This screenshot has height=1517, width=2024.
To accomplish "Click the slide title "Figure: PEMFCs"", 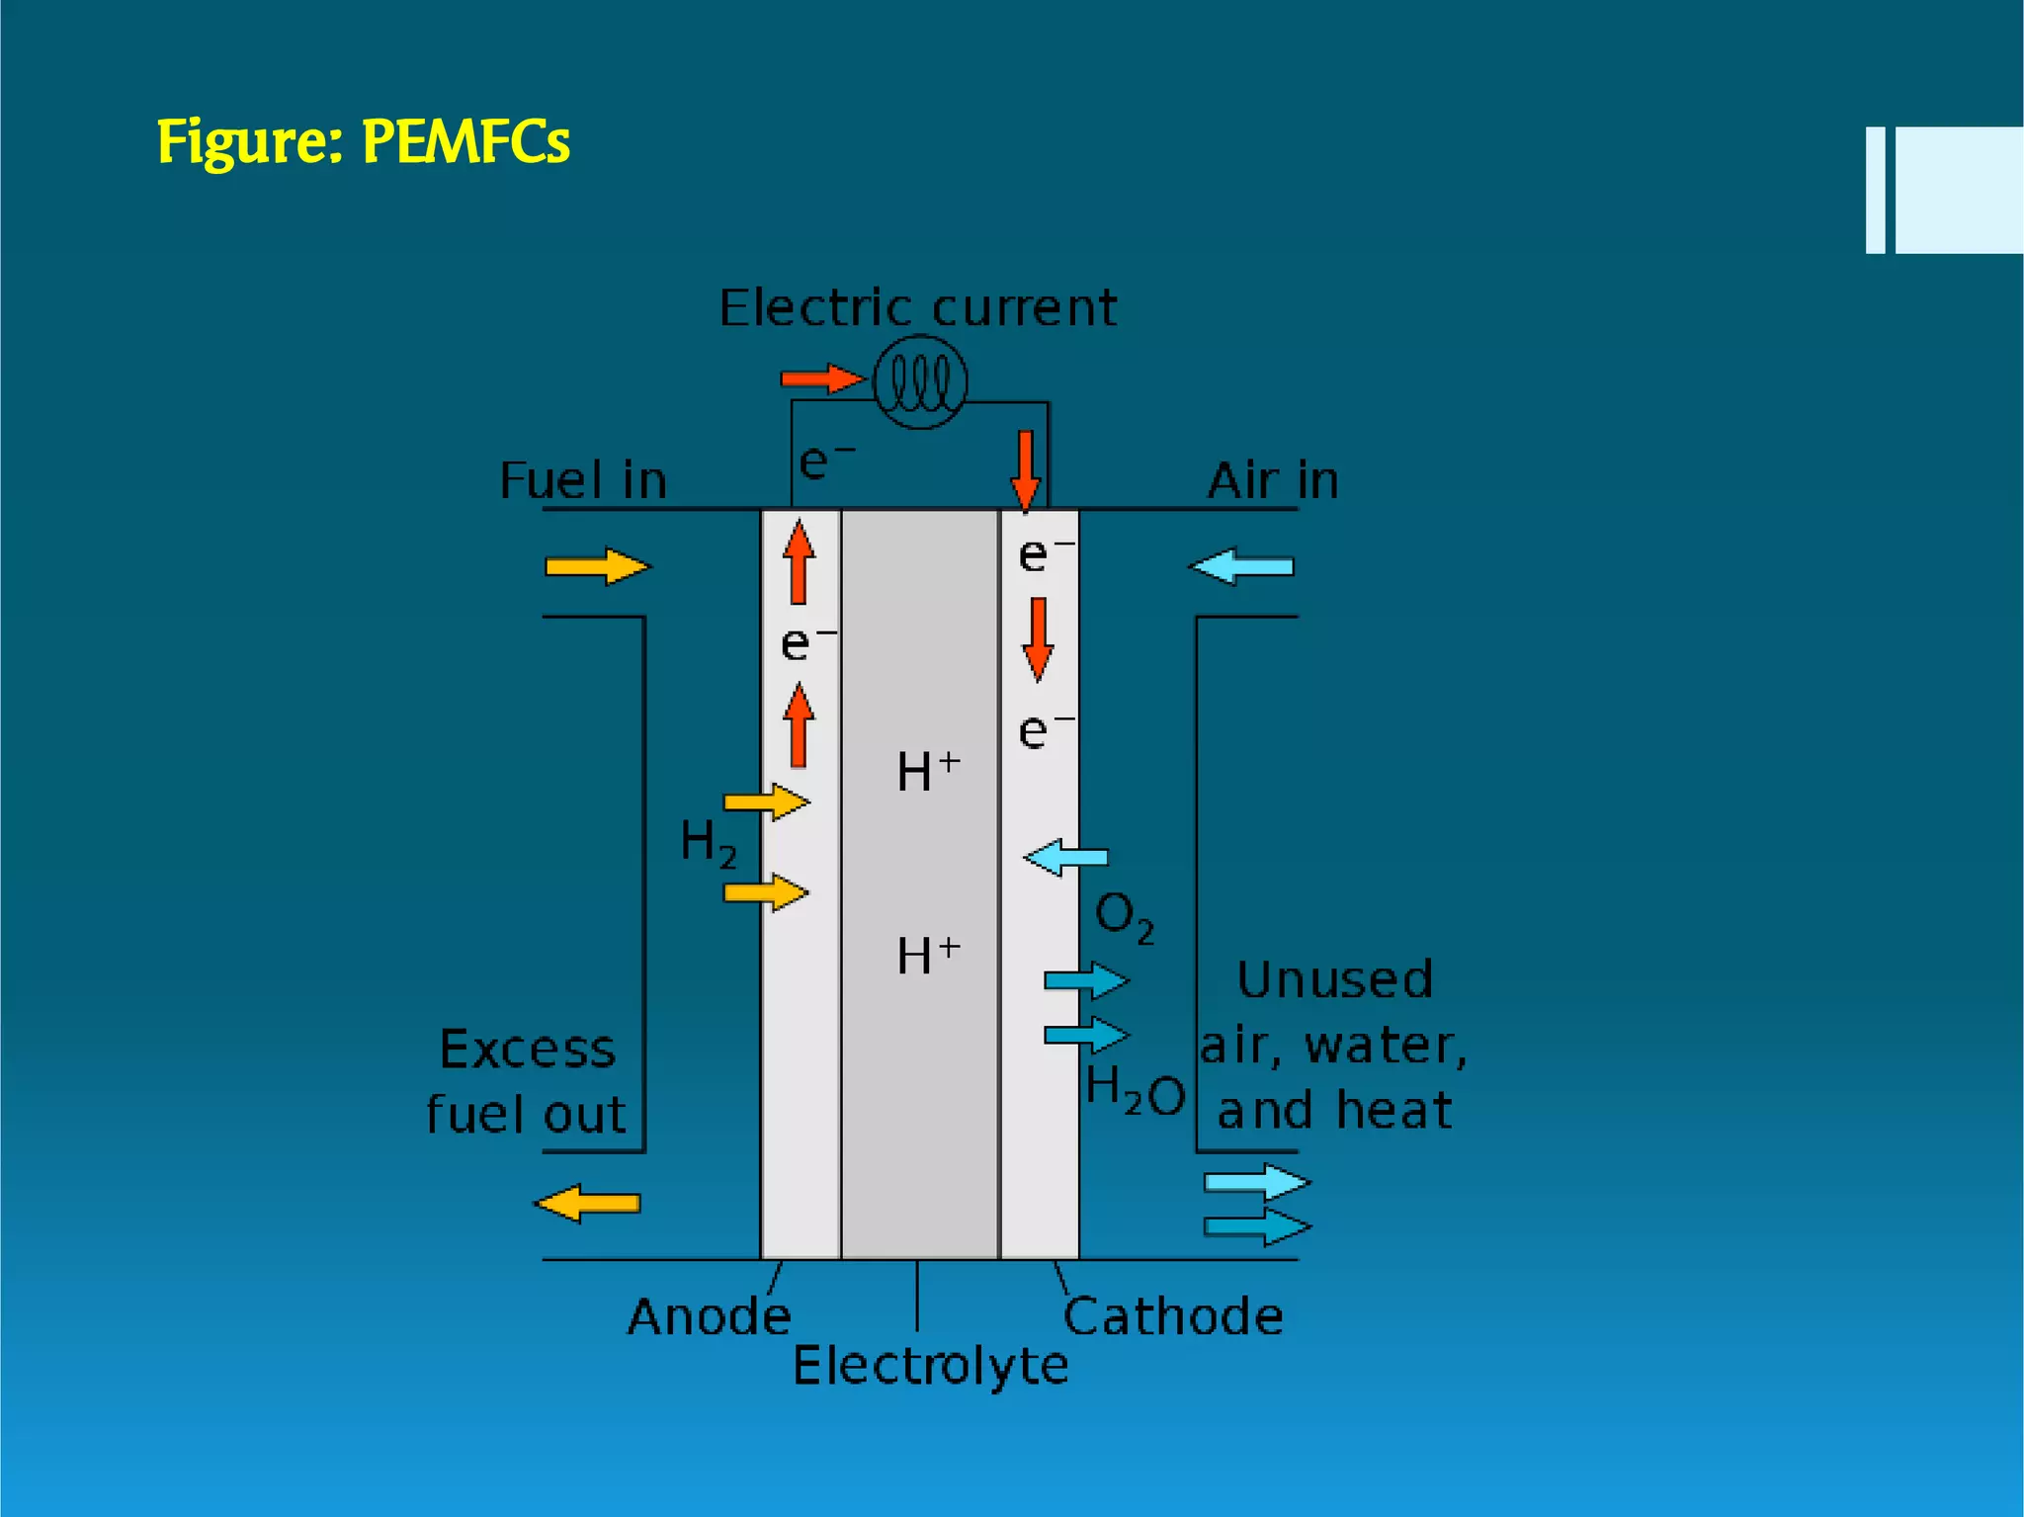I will (x=363, y=141).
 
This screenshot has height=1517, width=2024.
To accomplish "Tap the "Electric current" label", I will (x=918, y=307).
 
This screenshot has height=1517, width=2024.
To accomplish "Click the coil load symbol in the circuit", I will (x=920, y=381).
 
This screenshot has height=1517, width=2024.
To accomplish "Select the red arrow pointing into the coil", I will (x=821, y=379).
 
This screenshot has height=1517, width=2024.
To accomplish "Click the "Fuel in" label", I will (x=584, y=480).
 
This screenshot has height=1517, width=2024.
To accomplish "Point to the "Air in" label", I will (x=1273, y=480).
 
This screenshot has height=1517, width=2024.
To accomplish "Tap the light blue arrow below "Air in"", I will (x=1242, y=566).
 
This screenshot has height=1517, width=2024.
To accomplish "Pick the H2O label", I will (x=1135, y=1092).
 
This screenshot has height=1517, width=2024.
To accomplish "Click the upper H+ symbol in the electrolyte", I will (x=928, y=770).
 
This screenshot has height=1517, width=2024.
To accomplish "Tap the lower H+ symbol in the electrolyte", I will (x=928, y=955).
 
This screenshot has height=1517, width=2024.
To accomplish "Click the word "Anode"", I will (x=710, y=1316).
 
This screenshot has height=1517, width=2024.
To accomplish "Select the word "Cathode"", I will (x=1173, y=1316).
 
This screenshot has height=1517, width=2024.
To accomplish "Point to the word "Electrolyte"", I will (x=930, y=1366).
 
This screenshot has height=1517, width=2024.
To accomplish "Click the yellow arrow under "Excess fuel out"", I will (x=587, y=1204).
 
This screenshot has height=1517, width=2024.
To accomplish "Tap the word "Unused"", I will (x=1334, y=980).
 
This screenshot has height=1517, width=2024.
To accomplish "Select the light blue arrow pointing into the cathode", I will (x=1065, y=857).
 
